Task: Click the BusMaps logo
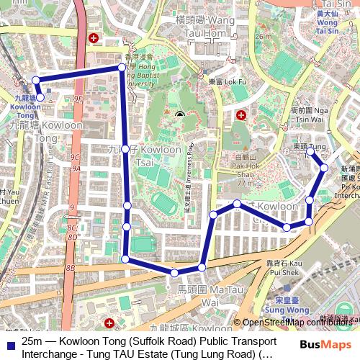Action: pyautogui.click(x=327, y=345)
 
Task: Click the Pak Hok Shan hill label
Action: pyautogui.click(x=245, y=170)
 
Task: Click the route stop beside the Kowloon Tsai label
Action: pyautogui.click(x=125, y=149)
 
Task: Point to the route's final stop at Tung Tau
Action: pyautogui.click(x=310, y=152)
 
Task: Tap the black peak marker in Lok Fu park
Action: pyautogui.click(x=179, y=114)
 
